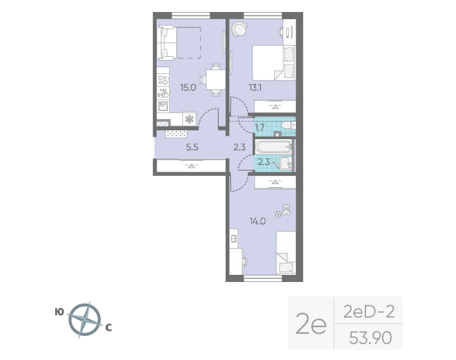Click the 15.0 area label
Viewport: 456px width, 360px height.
pyautogui.click(x=188, y=87)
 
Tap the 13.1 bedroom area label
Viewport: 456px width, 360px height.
pyautogui.click(x=255, y=87)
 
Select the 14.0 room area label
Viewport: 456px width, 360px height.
pyautogui.click(x=257, y=221)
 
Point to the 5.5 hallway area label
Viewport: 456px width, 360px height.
pyautogui.click(x=192, y=147)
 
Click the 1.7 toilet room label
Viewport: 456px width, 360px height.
pyautogui.click(x=260, y=127)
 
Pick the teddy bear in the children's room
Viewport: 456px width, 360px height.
pyautogui.click(x=286, y=209)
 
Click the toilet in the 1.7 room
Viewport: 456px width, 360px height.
pyautogui.click(x=289, y=125)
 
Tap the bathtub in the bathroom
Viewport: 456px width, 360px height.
pyautogui.click(x=274, y=147)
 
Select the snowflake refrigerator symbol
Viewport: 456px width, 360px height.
pyautogui.click(x=190, y=119)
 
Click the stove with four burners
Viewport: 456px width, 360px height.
pyautogui.click(x=163, y=79)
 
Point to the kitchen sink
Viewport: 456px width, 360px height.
pyautogui.click(x=163, y=106)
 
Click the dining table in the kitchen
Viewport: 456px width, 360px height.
pyautogui.click(x=215, y=79)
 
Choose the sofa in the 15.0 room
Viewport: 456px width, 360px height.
pyautogui.click(x=166, y=43)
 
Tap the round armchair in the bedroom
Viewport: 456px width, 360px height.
pyautogui.click(x=239, y=29)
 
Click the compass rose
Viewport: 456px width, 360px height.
pyautogui.click(x=85, y=320)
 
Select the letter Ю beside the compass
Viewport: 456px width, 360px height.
pyautogui.click(x=59, y=312)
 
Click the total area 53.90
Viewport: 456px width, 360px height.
pyautogui.click(x=370, y=338)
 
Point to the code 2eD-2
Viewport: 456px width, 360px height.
pyautogui.click(x=369, y=312)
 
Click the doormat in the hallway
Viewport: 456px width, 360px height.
pyautogui.click(x=176, y=134)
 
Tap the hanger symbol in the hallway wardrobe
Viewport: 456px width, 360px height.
pyautogui.click(x=191, y=166)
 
